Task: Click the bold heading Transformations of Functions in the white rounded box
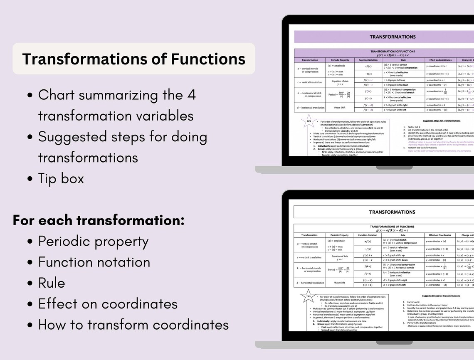point(133,59)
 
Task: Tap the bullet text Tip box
point(61,178)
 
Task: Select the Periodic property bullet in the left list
point(93,241)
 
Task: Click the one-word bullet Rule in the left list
point(52,283)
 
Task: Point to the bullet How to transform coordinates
point(133,324)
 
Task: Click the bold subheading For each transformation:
point(99,220)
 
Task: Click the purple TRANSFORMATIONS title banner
point(392,37)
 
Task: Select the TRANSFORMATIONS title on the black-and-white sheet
point(392,212)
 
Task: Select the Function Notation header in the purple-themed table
point(368,60)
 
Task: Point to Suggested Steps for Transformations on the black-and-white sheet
point(441,296)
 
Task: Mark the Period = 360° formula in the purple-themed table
point(339,94)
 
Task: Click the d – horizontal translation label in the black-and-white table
point(310,283)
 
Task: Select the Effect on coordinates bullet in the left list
point(108,303)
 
